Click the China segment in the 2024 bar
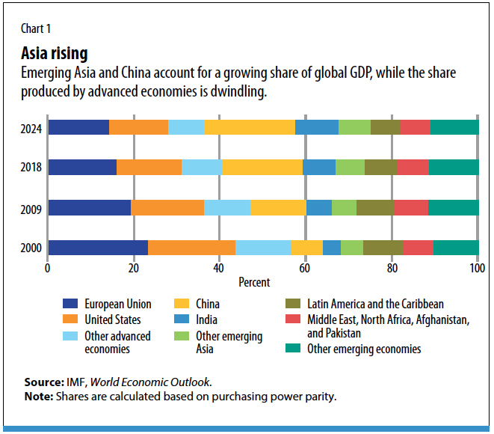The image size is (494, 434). click(250, 126)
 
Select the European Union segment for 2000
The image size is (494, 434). click(97, 248)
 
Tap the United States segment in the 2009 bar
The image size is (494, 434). click(167, 207)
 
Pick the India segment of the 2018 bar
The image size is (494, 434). click(318, 167)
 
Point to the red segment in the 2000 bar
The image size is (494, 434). click(418, 248)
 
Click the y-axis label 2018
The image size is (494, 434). click(31, 167)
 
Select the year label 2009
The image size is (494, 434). click(31, 207)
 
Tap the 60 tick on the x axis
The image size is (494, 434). click(305, 268)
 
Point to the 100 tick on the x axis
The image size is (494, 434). click(477, 268)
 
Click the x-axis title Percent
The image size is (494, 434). click(254, 283)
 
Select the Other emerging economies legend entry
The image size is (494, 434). click(364, 349)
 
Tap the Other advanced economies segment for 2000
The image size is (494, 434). click(263, 248)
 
